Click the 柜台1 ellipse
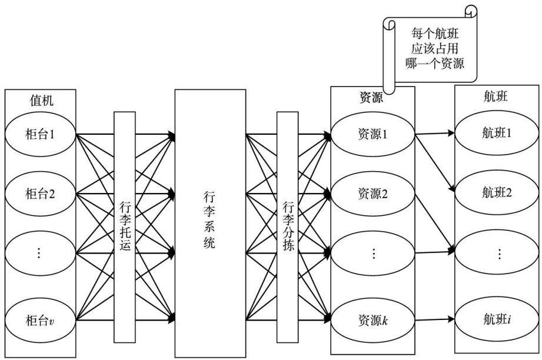(x=40, y=134)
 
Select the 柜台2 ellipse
(x=40, y=194)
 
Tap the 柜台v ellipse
(x=40, y=320)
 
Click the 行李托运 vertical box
(x=124, y=227)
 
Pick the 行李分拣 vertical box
(x=288, y=227)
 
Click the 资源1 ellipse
(x=373, y=134)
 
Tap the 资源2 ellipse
(x=373, y=194)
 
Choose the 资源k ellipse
(x=373, y=320)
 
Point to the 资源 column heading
(x=371, y=98)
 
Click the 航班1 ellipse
(x=497, y=133)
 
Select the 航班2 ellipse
(x=497, y=192)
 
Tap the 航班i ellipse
(x=497, y=319)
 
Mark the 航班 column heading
(x=496, y=96)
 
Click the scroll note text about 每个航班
(x=435, y=48)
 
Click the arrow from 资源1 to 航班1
(x=434, y=134)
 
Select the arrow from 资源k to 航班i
(x=434, y=319)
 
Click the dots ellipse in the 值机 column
(x=40, y=254)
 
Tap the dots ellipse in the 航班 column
(x=497, y=254)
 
